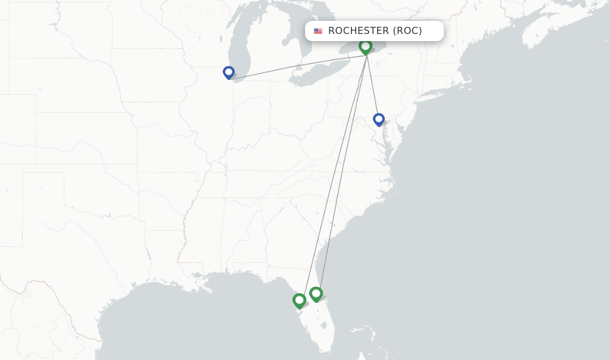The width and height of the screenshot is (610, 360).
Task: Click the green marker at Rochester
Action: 365,46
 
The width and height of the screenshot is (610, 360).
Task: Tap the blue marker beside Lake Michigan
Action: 229,72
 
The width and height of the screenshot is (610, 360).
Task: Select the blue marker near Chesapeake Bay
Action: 378,119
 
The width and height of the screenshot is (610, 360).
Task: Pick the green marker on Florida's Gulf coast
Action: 299,300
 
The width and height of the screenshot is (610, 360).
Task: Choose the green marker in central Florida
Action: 316,294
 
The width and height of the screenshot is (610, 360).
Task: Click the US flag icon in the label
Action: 318,31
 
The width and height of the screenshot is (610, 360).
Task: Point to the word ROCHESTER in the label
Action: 358,31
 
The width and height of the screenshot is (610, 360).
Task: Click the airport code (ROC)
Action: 407,31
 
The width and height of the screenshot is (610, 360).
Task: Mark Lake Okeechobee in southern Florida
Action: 323,326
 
